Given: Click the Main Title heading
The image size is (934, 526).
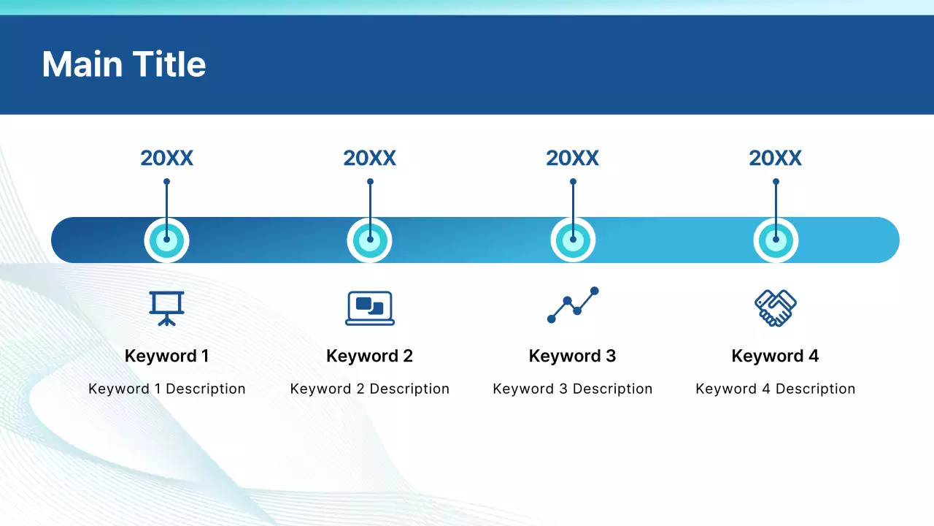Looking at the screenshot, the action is tap(124, 64).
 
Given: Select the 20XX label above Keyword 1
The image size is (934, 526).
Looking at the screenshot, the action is tap(167, 159).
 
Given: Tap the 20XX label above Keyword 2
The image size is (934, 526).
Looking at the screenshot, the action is tap(369, 159).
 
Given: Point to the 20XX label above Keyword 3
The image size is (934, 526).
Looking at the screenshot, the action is tap(573, 159).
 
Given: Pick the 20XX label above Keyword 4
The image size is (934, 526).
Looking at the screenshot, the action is tap(775, 159).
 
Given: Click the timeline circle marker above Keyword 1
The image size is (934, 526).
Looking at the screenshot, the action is tap(167, 240).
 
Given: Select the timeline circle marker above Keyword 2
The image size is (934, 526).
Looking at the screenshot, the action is tap(369, 240).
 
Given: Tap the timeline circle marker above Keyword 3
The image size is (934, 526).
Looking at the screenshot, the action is tap(573, 240).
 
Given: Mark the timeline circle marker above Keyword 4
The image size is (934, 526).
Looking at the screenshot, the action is tap(776, 240).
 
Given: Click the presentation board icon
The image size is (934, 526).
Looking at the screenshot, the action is tap(167, 308).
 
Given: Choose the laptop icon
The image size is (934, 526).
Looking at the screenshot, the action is tap(370, 308).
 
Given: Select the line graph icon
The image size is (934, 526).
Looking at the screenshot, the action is tap(573, 305).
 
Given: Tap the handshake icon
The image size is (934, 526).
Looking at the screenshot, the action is tap(776, 308).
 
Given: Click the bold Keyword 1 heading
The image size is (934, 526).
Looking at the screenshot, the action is tap(167, 356).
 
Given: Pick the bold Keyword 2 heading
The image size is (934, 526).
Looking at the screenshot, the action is tap(369, 356).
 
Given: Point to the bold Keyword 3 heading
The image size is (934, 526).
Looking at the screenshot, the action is tap(573, 356).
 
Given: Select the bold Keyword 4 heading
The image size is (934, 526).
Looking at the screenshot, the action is tap(775, 356).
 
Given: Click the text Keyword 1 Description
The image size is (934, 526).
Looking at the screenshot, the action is tap(167, 389).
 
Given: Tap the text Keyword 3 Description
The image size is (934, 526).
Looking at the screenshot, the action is tap(573, 389).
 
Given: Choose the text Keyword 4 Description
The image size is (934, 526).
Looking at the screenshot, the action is tap(775, 389).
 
